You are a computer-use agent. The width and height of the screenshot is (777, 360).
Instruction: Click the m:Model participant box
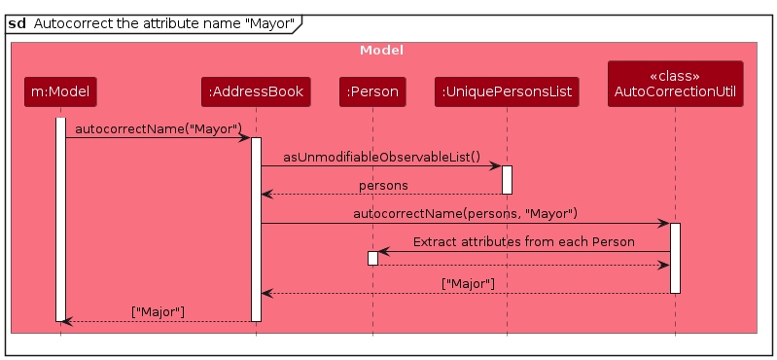point(60,92)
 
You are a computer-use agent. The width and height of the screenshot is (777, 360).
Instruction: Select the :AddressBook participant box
point(256,92)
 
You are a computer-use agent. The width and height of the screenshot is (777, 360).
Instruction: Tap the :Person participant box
point(371,92)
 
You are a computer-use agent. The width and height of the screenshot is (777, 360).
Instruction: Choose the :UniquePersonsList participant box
point(507,92)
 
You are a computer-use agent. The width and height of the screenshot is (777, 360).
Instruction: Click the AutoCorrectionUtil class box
point(675,84)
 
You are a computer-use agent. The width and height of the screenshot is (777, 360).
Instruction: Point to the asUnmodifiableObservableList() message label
point(382,156)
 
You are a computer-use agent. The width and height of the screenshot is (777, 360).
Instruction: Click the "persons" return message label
point(383,185)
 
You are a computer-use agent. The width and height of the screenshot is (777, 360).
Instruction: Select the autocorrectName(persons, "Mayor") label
point(465,213)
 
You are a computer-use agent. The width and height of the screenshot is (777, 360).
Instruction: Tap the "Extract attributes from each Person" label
point(523,241)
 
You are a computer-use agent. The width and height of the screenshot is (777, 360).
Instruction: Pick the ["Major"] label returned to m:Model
point(158,311)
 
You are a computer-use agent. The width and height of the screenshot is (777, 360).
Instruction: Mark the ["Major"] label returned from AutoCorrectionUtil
point(468,283)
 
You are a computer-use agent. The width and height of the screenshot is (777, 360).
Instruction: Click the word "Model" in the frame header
point(381,50)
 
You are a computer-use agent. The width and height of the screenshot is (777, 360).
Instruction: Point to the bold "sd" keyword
point(17,23)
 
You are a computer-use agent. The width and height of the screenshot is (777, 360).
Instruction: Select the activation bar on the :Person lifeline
point(372,258)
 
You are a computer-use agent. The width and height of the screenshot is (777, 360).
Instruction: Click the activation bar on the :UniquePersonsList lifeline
point(507,179)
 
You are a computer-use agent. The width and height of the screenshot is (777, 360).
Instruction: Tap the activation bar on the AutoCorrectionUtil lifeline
point(675,258)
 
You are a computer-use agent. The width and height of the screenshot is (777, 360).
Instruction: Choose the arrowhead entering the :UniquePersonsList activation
point(495,166)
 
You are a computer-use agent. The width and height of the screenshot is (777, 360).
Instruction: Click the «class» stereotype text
point(675,75)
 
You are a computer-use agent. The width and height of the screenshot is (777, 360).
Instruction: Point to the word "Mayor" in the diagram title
point(268,23)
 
